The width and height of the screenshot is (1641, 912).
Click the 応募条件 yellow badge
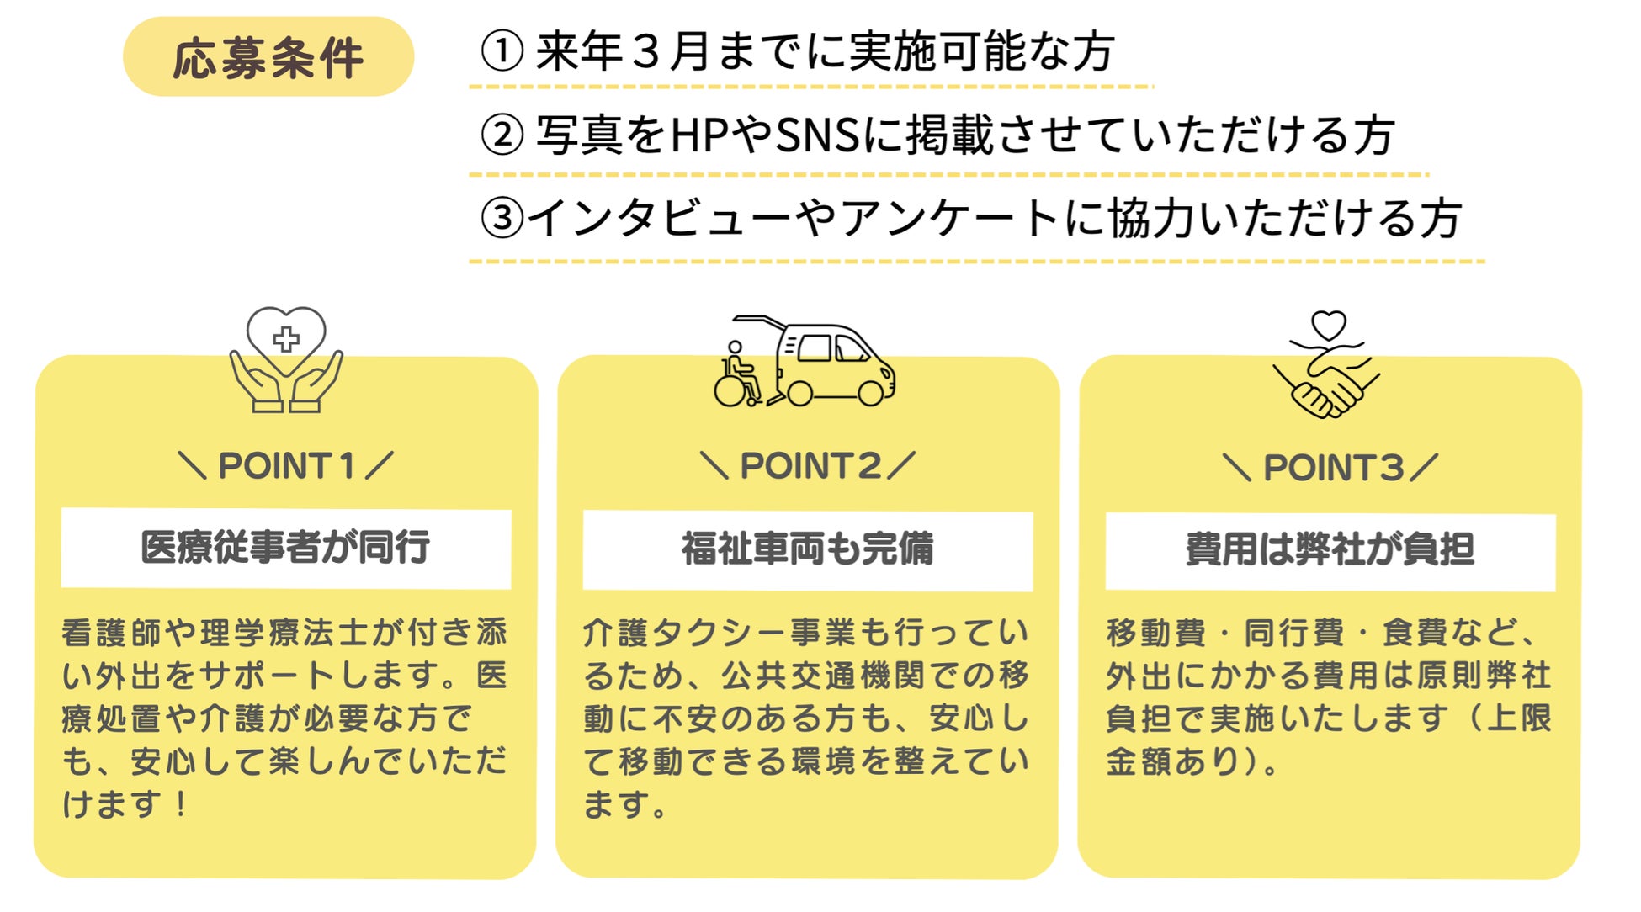[x=268, y=57]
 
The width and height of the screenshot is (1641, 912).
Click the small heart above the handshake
[x=1329, y=325]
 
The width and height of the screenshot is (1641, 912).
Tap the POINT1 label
[x=286, y=465]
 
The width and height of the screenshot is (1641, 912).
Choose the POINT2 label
[x=809, y=465]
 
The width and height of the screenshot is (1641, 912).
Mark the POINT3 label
[x=1332, y=468]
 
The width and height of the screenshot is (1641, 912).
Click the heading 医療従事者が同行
[x=286, y=548]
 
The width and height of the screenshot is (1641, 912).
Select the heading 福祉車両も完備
[x=808, y=549]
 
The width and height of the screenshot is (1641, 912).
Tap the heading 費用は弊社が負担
[x=1330, y=549]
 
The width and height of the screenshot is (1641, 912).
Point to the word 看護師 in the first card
[x=113, y=633]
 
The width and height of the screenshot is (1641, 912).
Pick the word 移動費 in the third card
[x=1156, y=633]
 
